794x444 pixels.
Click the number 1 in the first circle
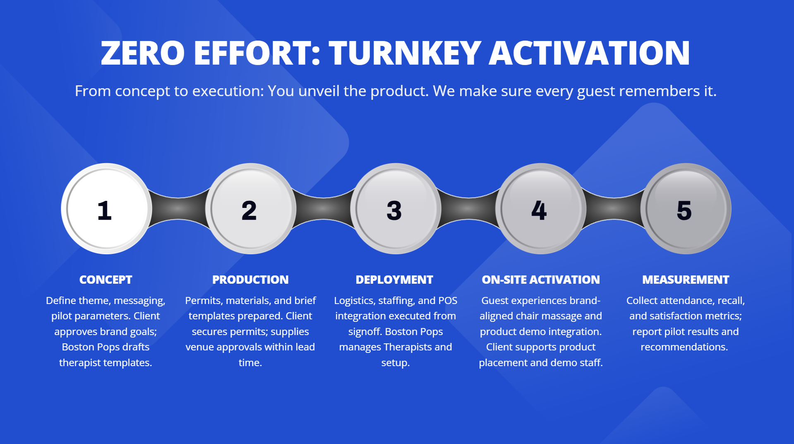(105, 210)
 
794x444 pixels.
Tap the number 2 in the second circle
(249, 210)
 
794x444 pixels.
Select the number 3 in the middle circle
(394, 210)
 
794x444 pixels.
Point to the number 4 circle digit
(539, 210)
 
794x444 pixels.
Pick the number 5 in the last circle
(684, 210)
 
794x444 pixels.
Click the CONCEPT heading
(106, 280)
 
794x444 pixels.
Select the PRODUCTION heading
(250, 280)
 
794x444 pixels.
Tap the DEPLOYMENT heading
(394, 280)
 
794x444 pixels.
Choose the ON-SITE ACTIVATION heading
(541, 280)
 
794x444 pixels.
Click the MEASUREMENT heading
(686, 280)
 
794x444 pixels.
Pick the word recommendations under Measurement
(684, 347)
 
